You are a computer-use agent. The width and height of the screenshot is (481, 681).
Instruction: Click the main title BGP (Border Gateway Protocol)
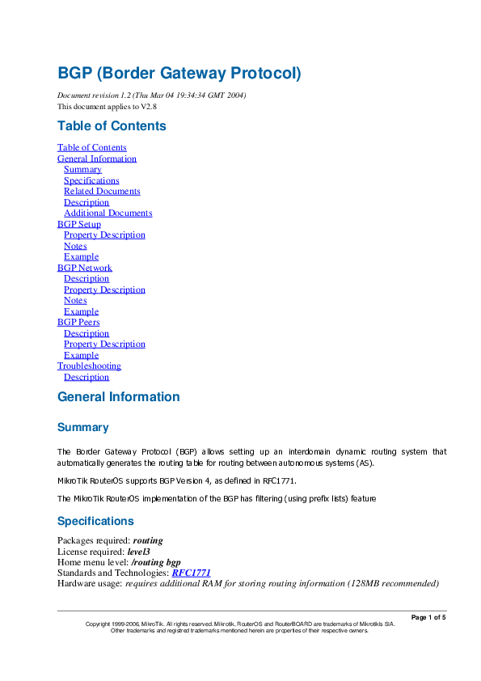tap(179, 73)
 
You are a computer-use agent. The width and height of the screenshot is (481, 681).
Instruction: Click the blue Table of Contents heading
tap(112, 126)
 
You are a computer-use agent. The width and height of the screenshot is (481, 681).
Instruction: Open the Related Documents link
tap(102, 192)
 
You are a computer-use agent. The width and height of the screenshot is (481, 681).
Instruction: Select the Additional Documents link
tap(108, 214)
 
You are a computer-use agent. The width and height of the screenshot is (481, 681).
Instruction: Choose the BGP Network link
tap(85, 268)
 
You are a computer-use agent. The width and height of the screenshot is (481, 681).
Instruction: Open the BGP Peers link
tap(78, 323)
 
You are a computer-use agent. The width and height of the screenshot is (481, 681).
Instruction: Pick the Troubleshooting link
tap(89, 366)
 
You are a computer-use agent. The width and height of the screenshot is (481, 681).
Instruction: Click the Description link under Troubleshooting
tap(86, 377)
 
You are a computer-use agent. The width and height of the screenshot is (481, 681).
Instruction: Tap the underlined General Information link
tap(97, 159)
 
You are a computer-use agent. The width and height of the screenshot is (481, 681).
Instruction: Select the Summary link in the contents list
tap(82, 170)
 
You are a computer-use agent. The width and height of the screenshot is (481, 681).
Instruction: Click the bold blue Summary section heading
tap(82, 427)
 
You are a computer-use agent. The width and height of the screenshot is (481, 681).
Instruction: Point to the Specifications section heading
tap(95, 521)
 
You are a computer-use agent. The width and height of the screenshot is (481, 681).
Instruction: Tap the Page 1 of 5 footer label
tap(428, 618)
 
